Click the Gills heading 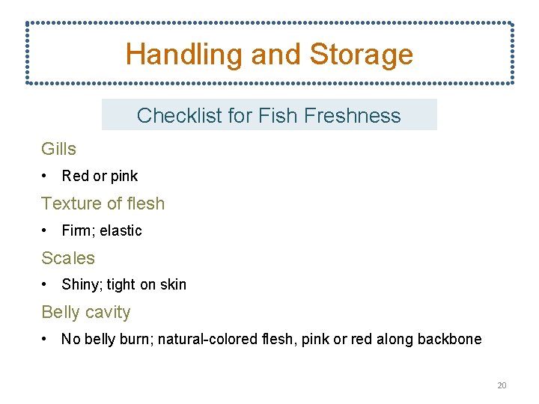pos(58,149)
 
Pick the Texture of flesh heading pos(103,203)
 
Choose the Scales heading pos(68,258)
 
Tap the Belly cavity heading pos(85,312)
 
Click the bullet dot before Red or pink pos(46,177)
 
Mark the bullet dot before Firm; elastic pos(46,230)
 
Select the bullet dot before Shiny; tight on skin pos(46,284)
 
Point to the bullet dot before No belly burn pos(46,339)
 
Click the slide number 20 pos(502,385)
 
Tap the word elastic pos(122,230)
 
